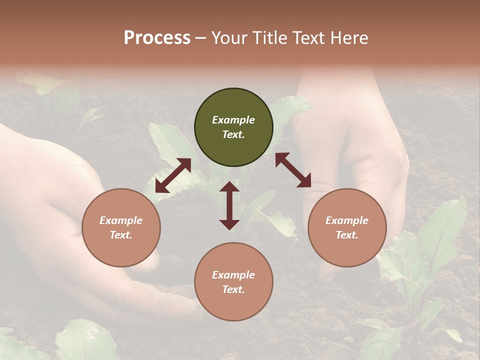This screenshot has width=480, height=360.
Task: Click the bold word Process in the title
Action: tap(157, 38)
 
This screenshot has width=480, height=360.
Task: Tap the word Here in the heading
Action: tap(348, 38)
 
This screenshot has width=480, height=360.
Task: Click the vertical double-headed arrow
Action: tap(229, 205)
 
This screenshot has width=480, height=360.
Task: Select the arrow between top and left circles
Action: tap(173, 175)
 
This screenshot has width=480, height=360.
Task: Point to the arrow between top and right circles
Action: tap(293, 170)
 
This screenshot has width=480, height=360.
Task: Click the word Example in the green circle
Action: tap(233, 120)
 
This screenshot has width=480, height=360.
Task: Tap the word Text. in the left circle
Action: tap(121, 235)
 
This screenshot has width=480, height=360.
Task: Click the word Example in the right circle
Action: tap(347, 220)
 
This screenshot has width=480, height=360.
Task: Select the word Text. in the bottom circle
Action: tap(233, 289)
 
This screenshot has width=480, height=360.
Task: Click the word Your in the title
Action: tap(228, 38)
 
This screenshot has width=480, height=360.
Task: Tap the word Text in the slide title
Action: tap(309, 38)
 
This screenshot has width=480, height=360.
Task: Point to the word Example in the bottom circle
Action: tap(233, 275)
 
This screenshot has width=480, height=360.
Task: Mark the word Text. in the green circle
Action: tap(233, 134)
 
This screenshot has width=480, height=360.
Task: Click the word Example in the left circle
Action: tap(121, 220)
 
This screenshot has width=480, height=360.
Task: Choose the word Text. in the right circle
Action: tap(347, 235)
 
